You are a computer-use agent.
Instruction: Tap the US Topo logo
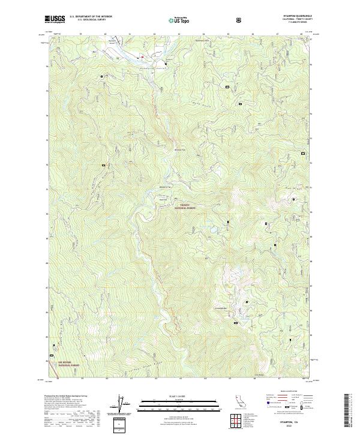(x=180, y=20)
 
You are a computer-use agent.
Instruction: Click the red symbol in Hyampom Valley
(x=142, y=58)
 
